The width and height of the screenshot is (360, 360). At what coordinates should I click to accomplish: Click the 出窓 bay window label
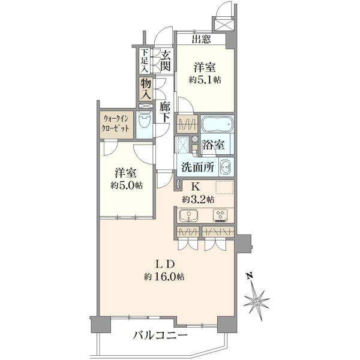202,39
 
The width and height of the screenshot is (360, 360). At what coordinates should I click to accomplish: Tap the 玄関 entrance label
166,61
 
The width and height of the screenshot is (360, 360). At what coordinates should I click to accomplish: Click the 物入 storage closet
146,89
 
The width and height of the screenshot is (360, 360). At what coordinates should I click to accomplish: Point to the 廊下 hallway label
165,112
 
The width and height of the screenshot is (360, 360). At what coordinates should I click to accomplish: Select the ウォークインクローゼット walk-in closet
116,124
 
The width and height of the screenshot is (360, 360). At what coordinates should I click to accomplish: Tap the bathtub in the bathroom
217,124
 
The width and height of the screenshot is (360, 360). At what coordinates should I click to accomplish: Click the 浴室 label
213,145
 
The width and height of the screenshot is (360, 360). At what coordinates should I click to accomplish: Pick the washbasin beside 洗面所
226,167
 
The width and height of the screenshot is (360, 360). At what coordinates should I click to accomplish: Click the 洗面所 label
198,167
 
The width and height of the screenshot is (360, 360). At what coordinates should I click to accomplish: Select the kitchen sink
189,215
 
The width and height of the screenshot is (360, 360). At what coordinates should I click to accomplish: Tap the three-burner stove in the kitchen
220,215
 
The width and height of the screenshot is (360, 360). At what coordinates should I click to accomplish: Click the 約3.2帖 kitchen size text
199,200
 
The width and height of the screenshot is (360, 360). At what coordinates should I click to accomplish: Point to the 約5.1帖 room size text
205,80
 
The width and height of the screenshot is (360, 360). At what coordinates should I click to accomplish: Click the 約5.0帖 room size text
127,185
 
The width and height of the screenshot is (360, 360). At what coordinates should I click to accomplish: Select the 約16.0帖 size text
164,277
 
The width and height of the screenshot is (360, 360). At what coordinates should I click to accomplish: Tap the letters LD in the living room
166,264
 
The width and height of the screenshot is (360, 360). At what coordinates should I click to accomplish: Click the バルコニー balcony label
160,335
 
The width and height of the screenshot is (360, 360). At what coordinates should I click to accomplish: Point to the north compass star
256,301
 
